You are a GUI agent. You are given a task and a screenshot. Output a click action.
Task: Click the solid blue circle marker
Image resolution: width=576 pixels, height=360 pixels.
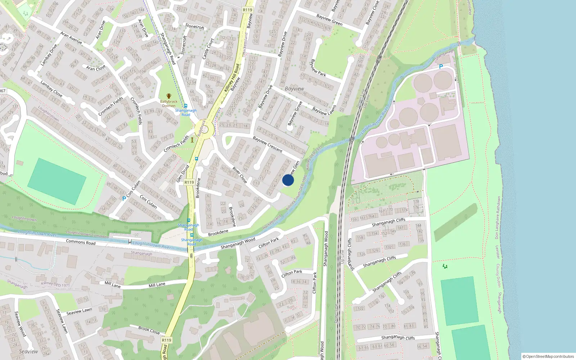point(288,180)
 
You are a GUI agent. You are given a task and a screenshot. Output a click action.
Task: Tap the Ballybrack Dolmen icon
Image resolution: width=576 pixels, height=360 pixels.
point(168,96)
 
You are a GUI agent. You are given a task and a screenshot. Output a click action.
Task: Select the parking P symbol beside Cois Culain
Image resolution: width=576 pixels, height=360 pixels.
point(124,198)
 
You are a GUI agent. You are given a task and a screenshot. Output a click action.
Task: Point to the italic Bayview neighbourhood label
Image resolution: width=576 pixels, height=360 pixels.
point(294,89)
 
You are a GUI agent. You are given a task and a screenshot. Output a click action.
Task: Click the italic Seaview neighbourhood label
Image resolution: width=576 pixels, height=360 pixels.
point(28,351)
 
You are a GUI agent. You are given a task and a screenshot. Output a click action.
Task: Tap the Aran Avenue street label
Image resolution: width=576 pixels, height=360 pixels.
point(71,38)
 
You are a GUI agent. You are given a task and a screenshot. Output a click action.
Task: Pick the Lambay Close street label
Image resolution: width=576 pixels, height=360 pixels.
point(51,89)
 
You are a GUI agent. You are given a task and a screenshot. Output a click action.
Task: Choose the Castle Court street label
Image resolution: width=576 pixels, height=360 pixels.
point(208,49)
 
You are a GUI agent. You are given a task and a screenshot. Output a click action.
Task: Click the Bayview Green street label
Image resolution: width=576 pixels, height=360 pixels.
point(329,20)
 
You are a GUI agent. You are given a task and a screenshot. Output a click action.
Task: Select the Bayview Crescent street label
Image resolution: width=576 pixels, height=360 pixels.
point(267,144)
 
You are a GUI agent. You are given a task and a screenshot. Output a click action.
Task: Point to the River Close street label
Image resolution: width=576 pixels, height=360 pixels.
point(239,175)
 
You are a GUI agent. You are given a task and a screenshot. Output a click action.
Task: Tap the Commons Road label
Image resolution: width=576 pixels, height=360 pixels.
point(81,242)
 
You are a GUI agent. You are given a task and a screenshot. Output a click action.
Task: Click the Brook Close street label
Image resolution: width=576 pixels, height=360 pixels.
point(149,330)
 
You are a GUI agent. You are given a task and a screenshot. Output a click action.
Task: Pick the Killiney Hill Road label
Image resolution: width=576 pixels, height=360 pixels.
point(232,78)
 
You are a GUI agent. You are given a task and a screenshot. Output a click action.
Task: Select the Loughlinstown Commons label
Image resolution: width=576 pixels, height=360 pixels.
point(87,234)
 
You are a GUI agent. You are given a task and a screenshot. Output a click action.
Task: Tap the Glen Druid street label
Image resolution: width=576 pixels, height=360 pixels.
point(183,174)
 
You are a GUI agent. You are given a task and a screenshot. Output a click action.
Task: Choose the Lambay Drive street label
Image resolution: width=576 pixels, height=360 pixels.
point(49,55)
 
